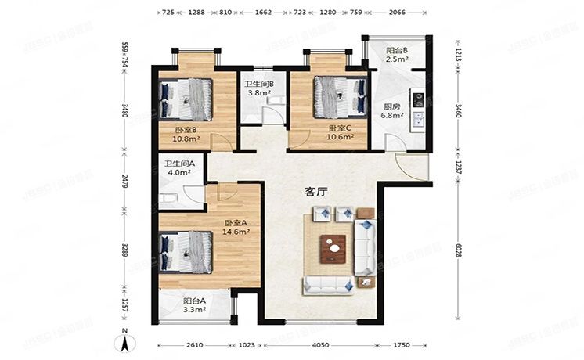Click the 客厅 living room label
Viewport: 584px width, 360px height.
[315, 191]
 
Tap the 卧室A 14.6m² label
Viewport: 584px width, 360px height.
[236, 227]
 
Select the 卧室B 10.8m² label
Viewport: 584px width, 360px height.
[185, 135]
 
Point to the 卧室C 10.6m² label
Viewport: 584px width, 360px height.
[341, 133]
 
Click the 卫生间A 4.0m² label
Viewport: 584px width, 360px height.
[177, 168]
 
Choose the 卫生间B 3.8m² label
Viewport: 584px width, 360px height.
[258, 88]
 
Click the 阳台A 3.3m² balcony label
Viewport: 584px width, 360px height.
[195, 305]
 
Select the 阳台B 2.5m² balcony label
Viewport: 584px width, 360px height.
[397, 54]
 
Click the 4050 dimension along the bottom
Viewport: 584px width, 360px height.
[316, 344]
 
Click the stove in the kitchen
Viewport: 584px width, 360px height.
[419, 99]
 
